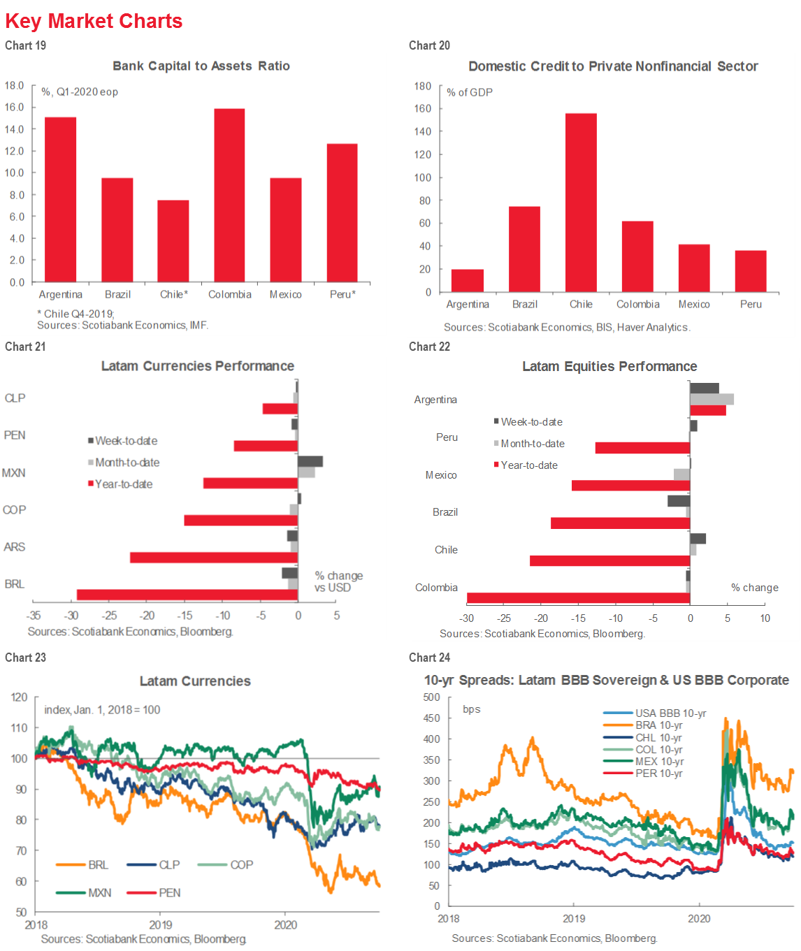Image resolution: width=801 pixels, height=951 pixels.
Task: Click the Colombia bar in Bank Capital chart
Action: (229, 196)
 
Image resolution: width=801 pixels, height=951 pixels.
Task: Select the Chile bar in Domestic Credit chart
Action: (581, 203)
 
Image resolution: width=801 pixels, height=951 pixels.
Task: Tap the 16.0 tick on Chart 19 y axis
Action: (14, 107)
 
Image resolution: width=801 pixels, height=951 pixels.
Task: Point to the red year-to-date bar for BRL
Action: (187, 595)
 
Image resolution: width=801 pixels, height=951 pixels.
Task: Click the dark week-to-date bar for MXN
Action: (310, 461)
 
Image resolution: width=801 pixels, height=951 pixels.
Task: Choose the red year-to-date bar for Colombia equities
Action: (578, 597)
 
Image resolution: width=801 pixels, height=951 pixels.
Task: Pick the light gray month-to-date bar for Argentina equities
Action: (712, 399)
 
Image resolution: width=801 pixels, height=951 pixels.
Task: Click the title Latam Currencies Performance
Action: (197, 366)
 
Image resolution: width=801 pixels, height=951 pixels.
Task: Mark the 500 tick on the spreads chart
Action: (432, 697)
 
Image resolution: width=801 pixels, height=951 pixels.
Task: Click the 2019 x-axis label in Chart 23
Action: (161, 924)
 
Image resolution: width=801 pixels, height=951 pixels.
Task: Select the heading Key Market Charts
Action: (94, 21)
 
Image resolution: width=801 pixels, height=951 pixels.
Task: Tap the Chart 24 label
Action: (429, 658)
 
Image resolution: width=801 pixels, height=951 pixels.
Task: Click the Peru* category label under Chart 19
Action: (342, 294)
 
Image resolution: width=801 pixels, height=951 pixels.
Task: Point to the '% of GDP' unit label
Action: (470, 92)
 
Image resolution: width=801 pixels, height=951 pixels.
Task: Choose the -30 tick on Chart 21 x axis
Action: (71, 616)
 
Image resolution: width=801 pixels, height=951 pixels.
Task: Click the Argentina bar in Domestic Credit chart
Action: (468, 281)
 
